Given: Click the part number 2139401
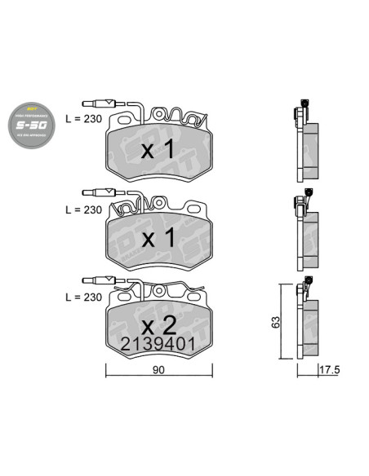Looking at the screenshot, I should click(158, 344).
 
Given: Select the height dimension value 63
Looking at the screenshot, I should click(274, 321).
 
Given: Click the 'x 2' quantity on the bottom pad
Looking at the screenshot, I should click(158, 325).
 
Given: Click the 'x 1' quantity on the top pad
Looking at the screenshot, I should click(158, 150).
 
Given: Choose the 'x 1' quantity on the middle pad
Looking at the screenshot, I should click(158, 240).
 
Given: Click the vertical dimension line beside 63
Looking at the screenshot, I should click(282, 321).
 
